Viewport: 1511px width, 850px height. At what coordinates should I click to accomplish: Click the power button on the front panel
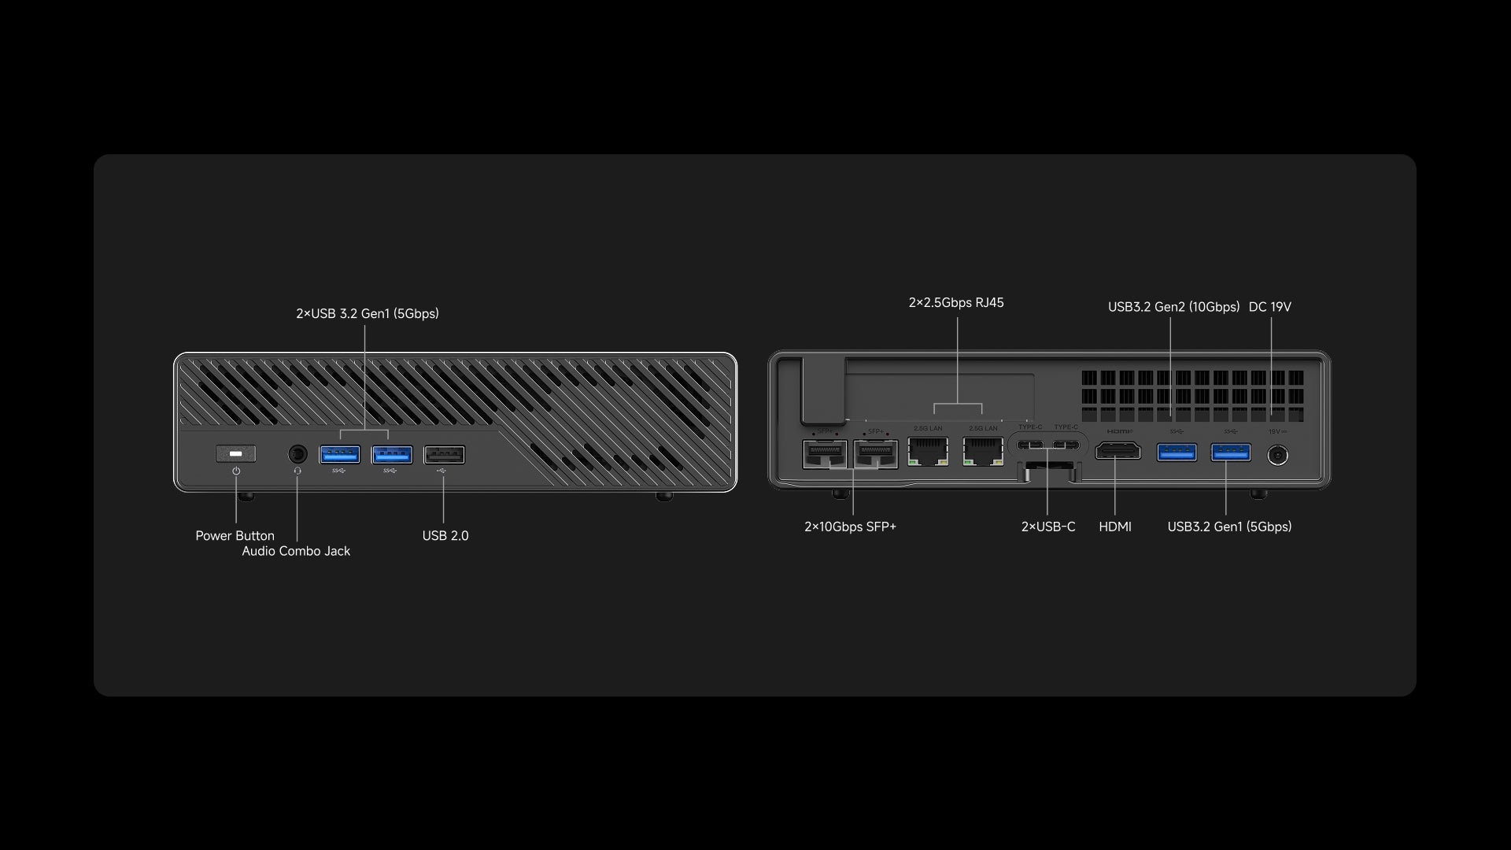pyautogui.click(x=235, y=454)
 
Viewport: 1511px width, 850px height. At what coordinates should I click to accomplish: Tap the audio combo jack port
pyautogui.click(x=297, y=454)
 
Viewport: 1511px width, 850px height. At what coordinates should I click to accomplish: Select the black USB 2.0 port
pyautogui.click(x=444, y=455)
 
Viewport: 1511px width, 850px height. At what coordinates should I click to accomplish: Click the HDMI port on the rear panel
pyautogui.click(x=1118, y=451)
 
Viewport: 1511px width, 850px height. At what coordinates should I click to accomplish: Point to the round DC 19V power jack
pyautogui.click(x=1277, y=455)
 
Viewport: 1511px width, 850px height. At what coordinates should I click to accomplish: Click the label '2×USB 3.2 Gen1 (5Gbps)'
pyautogui.click(x=368, y=313)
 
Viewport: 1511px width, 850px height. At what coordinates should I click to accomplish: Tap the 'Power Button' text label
pyautogui.click(x=235, y=536)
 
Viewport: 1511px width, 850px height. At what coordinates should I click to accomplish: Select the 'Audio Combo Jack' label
pyautogui.click(x=296, y=551)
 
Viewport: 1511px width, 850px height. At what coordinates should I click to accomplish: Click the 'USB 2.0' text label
pyautogui.click(x=445, y=536)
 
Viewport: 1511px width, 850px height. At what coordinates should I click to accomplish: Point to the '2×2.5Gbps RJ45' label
pyautogui.click(x=956, y=303)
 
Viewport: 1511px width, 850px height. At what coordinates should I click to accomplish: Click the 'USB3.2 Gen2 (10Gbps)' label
pyautogui.click(x=1173, y=307)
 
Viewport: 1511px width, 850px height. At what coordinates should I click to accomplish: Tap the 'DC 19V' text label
pyautogui.click(x=1269, y=307)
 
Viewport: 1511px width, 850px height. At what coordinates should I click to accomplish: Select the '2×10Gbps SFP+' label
pyautogui.click(x=850, y=527)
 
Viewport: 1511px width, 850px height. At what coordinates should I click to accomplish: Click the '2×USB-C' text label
pyautogui.click(x=1047, y=527)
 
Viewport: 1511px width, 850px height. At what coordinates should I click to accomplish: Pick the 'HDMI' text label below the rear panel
pyautogui.click(x=1115, y=527)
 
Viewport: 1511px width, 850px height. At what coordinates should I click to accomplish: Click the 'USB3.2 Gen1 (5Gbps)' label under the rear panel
pyautogui.click(x=1229, y=527)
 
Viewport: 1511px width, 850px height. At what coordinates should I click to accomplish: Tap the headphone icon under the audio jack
pyautogui.click(x=297, y=471)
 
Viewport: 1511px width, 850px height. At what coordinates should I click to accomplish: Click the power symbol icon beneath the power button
pyautogui.click(x=236, y=471)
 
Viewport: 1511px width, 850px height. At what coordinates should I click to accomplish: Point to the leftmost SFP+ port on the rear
pyautogui.click(x=824, y=454)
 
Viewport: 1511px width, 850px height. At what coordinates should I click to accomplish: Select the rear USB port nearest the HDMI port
pyautogui.click(x=1177, y=452)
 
